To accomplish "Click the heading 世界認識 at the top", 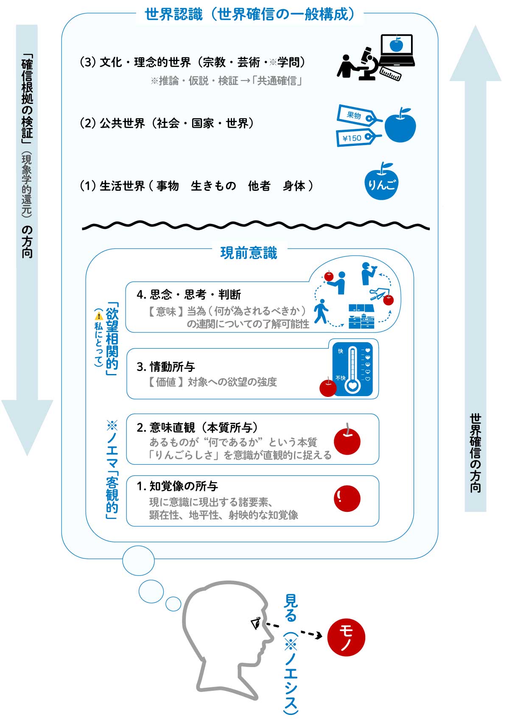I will click(x=173, y=15).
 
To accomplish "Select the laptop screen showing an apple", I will click(x=397, y=45).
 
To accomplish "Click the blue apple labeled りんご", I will click(x=381, y=184).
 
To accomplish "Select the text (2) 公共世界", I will click(x=112, y=123).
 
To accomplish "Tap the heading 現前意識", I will click(x=249, y=253).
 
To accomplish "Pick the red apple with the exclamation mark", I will click(x=347, y=499).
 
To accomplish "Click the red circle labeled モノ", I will click(x=346, y=637).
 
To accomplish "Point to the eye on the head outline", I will click(x=256, y=623).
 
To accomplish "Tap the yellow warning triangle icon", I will click(x=99, y=315).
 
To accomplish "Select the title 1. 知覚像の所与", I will click(x=177, y=486).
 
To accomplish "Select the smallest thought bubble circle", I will click(x=173, y=603).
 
